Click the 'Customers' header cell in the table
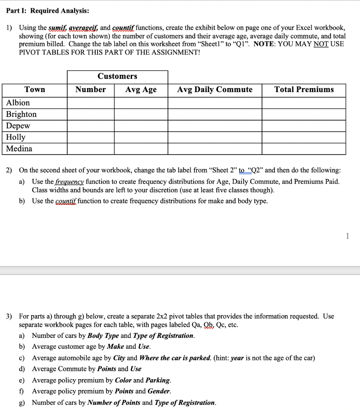tap(117, 76)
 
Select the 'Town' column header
tap(35, 90)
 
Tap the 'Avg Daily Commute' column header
tap(215, 90)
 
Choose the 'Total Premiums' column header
tap(304, 90)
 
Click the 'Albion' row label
tap(18, 102)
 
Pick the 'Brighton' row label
tap(22, 114)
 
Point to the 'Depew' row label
tap(18, 126)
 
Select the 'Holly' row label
tap(16, 137)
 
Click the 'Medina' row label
tap(20, 149)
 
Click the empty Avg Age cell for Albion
tap(141, 102)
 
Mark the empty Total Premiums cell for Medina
tap(304, 149)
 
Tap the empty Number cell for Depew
tap(90, 126)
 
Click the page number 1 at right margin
tap(347, 236)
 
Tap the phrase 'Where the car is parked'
tap(175, 358)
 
